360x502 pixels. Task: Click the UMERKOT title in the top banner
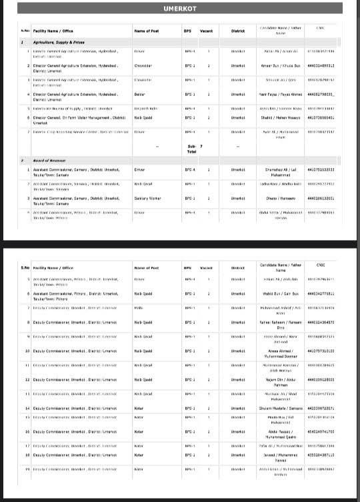tap(179, 9)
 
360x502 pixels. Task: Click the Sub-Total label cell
tap(191, 148)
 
